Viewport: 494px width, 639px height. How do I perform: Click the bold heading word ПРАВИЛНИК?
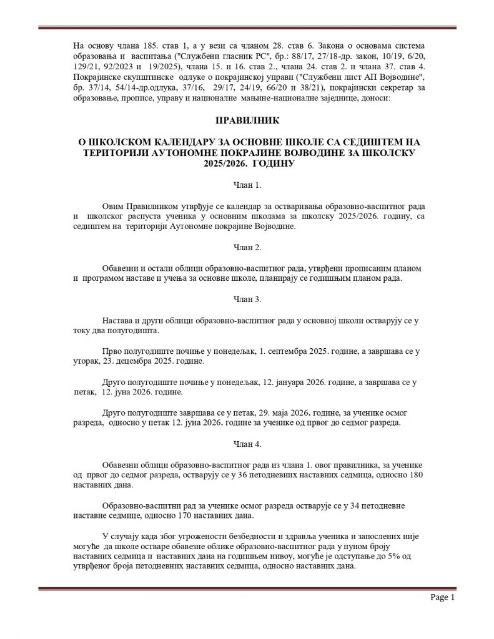click(x=246, y=119)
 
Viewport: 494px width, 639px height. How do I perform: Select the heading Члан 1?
click(x=246, y=185)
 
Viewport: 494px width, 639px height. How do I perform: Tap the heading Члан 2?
click(x=246, y=248)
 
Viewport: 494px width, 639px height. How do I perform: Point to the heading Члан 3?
click(x=246, y=299)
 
